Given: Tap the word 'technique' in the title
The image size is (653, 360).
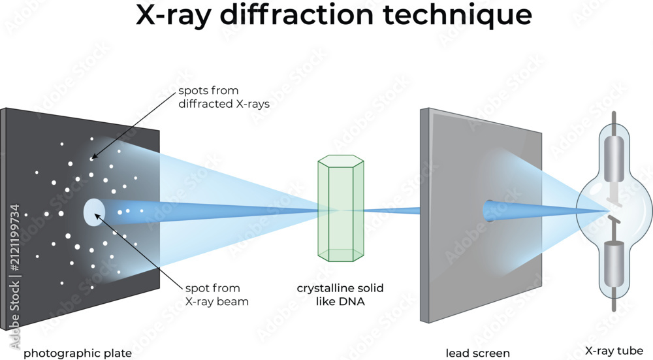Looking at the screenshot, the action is click(x=457, y=16).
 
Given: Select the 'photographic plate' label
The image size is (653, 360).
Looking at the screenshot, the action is click(x=78, y=353).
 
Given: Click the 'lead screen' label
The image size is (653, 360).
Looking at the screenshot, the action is click(x=478, y=353).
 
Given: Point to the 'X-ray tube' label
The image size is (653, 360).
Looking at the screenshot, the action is click(x=614, y=351).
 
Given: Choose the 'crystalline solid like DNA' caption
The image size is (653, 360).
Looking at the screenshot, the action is click(x=340, y=295).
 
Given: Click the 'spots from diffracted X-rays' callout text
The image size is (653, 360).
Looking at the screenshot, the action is click(x=224, y=97).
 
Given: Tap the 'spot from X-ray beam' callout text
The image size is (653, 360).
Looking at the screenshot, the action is click(x=217, y=295).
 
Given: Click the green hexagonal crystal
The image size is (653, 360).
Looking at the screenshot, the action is click(x=341, y=208).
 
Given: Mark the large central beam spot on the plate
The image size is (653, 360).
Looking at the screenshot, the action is click(x=94, y=212).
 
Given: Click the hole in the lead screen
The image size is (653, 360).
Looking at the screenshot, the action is click(x=488, y=211).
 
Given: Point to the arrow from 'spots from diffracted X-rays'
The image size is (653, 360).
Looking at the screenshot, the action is click(x=133, y=125).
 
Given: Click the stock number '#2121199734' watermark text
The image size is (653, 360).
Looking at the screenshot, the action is click(x=14, y=238).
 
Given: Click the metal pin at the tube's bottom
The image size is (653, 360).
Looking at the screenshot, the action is click(x=614, y=299).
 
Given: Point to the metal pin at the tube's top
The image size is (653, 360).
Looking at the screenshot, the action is click(x=613, y=123).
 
